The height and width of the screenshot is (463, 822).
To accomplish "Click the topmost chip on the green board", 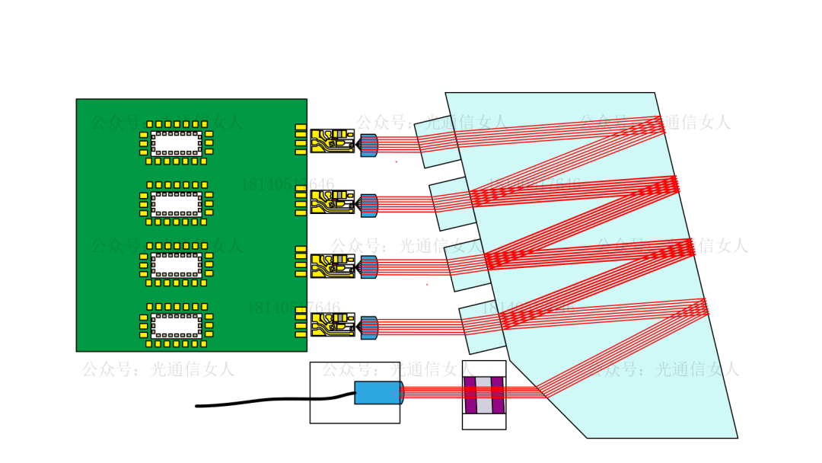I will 177,142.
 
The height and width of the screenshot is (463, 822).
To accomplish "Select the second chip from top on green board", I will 177,203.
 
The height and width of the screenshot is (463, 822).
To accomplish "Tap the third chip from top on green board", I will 177,264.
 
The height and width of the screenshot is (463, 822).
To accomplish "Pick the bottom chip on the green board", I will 177,325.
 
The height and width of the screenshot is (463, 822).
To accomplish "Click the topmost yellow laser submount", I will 333,142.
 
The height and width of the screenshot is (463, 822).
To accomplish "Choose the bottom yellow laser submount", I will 333,325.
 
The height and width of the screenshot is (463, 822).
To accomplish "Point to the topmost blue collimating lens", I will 369,145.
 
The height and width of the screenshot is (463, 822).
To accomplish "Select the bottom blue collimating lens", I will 369,327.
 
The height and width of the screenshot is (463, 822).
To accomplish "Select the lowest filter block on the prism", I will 480,327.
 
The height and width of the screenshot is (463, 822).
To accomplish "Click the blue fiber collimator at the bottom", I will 378,393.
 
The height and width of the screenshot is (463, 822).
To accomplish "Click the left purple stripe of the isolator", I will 470,394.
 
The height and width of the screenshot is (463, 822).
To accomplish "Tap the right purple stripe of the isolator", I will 498,394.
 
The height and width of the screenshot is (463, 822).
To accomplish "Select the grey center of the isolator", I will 484,394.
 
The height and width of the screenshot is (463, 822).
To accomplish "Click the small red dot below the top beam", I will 396,161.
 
